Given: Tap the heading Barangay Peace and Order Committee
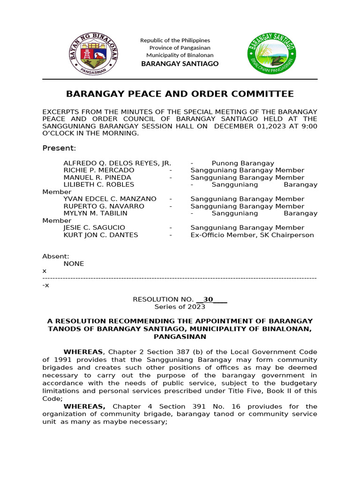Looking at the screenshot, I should pyautogui.click(x=180, y=94).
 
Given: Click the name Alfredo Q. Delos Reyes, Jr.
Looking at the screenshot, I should pyautogui.click(x=117, y=163).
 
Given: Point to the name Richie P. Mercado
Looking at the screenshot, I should pyautogui.click(x=99, y=170).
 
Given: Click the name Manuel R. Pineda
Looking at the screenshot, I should pyautogui.click(x=97, y=178).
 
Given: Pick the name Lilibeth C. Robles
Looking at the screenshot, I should pyautogui.click(x=99, y=185).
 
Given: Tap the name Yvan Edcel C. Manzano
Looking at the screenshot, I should pyautogui.click(x=110, y=199).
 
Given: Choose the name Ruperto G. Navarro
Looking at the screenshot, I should pyautogui.click(x=104, y=206).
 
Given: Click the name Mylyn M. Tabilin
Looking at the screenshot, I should pyautogui.click(x=96, y=213).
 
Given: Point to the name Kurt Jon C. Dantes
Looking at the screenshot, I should pyautogui.click(x=101, y=235).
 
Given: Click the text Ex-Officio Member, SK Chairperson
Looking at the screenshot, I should pyautogui.click(x=252, y=235).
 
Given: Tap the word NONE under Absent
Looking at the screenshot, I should pyautogui.click(x=74, y=264).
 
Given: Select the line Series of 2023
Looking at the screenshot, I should pyautogui.click(x=180, y=307).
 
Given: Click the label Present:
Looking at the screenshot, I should pyautogui.click(x=59, y=148).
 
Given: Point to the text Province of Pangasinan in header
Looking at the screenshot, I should pyautogui.click(x=180, y=48).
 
